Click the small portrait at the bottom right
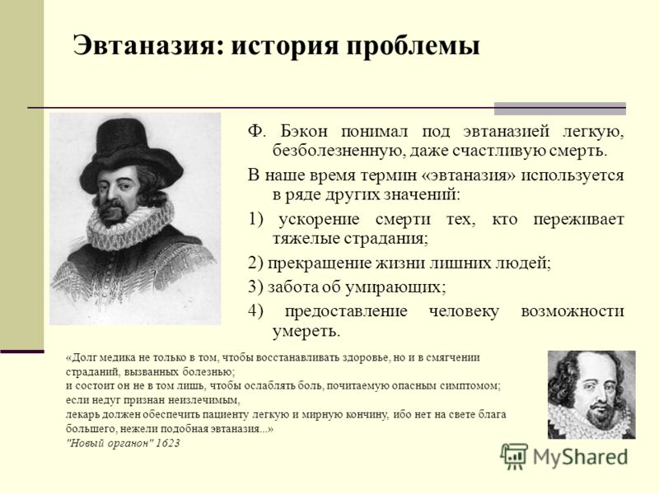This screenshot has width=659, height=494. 591,394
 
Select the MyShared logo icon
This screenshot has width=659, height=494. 514,456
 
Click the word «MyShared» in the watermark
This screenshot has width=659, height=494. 581,457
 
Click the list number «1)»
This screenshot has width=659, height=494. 255,219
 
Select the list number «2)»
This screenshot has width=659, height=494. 255,263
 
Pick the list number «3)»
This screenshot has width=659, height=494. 255,287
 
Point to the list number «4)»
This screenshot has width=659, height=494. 255,311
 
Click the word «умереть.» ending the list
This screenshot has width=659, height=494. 306,332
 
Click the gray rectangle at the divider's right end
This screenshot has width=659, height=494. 560,109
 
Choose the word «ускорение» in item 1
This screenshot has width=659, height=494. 319,220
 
